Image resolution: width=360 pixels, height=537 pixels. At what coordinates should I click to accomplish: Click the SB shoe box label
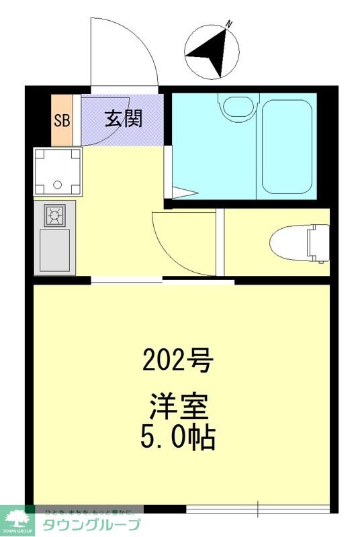pyautogui.click(x=62, y=121)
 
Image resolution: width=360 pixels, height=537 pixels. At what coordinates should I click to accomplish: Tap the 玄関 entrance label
pyautogui.click(x=123, y=119)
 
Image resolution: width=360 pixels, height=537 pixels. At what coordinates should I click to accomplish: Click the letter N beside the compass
pyautogui.click(x=229, y=25)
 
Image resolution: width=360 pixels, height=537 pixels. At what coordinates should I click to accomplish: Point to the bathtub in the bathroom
pyautogui.click(x=287, y=146)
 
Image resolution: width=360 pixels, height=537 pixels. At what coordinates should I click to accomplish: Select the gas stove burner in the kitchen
pyautogui.click(x=54, y=215)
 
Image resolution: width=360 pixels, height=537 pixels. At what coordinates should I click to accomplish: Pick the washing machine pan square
pyautogui.click(x=58, y=170)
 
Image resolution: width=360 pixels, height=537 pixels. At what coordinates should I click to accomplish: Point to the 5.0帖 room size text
pyautogui.click(x=177, y=437)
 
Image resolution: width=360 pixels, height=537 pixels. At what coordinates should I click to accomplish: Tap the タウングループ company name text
pyautogui.click(x=91, y=524)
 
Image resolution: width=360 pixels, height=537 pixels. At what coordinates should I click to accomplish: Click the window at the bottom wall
pyautogui.click(x=258, y=508)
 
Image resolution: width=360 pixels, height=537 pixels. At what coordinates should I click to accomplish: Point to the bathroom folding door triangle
pyautogui.click(x=183, y=193)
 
